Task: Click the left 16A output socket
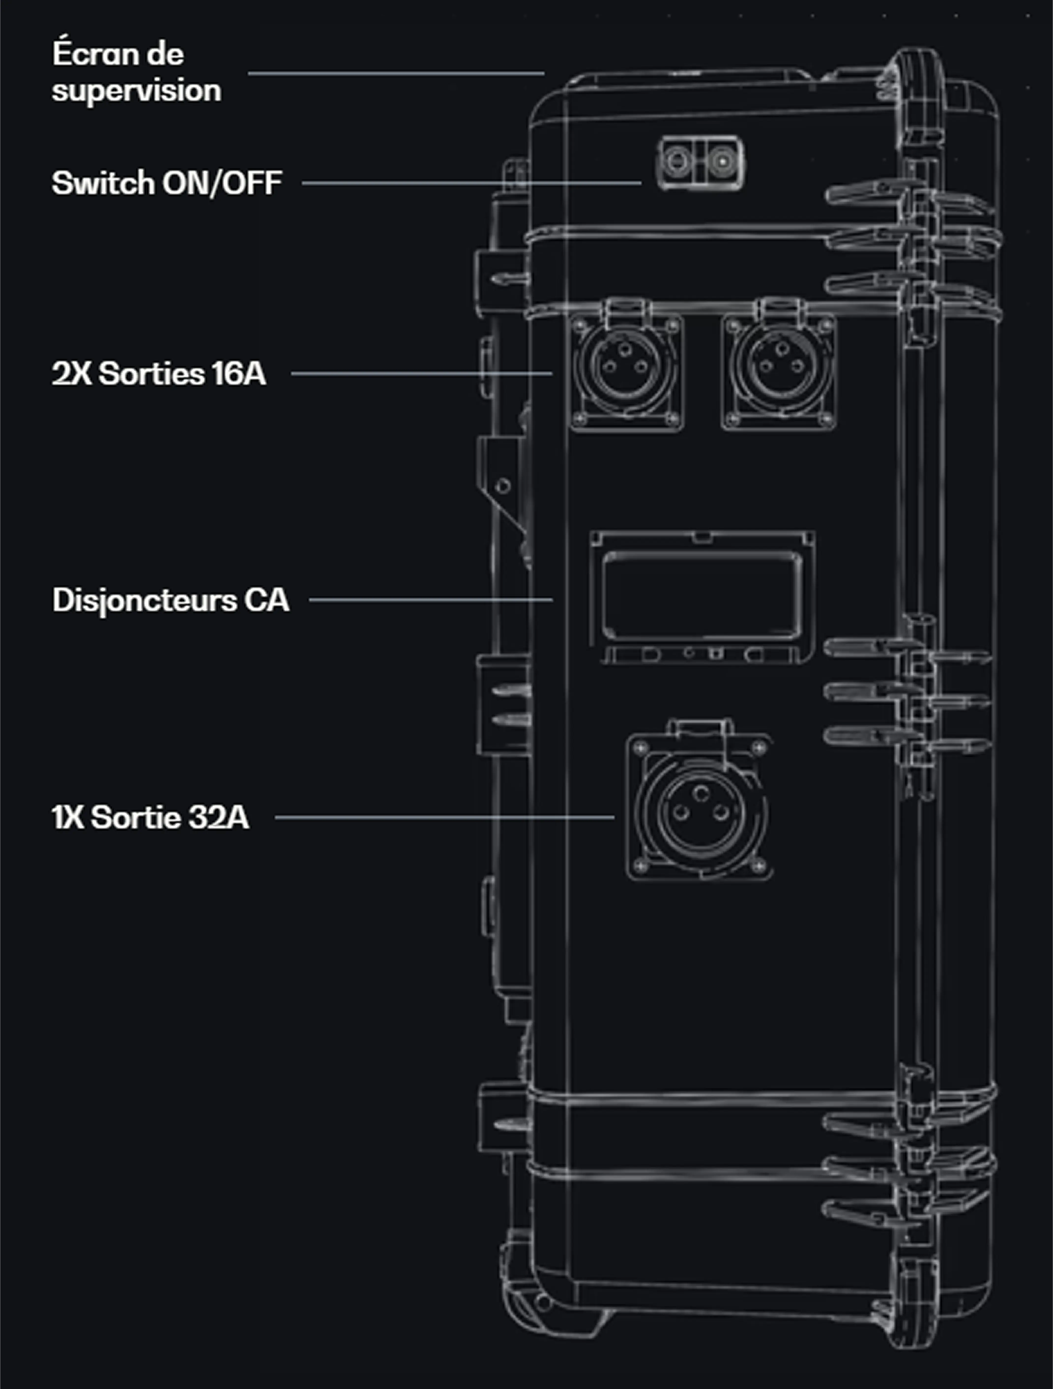click(x=626, y=367)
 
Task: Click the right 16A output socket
click(x=779, y=367)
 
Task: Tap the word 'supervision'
click(x=136, y=90)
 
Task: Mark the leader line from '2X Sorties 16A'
click(x=421, y=374)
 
